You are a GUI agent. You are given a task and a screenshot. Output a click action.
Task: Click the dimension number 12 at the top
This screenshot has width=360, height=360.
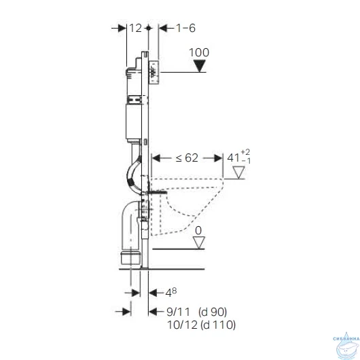[x=135, y=29]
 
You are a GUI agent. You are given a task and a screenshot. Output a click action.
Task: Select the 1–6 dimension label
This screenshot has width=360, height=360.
[x=186, y=29]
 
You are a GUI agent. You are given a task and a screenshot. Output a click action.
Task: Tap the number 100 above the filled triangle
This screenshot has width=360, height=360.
[x=198, y=52]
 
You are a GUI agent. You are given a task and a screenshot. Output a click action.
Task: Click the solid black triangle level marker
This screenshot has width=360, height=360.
[x=199, y=66]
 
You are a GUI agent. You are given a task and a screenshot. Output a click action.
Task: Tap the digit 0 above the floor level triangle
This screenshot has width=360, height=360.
[x=198, y=231]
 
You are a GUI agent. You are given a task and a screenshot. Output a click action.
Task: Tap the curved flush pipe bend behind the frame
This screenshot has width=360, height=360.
[x=132, y=173]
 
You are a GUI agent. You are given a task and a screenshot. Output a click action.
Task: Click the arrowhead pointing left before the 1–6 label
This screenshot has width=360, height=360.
[x=163, y=29]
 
